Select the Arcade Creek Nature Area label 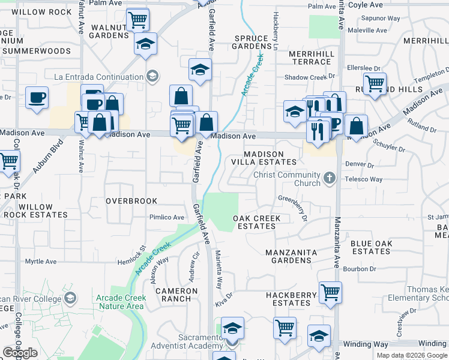click(x=119, y=302)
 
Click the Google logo click(x=20, y=353)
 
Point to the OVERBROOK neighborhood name click(x=131, y=201)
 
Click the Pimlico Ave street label click(x=167, y=217)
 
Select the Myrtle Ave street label click(x=41, y=262)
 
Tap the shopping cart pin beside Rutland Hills click(x=375, y=84)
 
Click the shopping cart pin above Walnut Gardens click(x=138, y=20)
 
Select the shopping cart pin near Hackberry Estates click(x=330, y=292)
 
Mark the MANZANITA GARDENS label click(x=289, y=256)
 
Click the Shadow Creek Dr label click(x=309, y=77)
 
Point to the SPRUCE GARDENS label click(x=250, y=42)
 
